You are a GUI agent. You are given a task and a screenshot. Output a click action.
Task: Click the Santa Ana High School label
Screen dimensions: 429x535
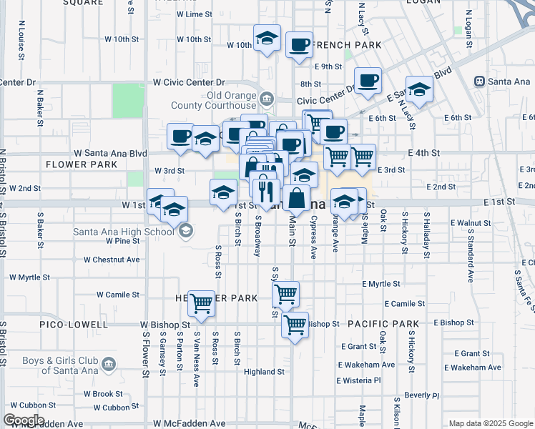123,231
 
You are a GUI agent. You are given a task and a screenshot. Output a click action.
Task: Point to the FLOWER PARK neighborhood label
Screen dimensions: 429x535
81,164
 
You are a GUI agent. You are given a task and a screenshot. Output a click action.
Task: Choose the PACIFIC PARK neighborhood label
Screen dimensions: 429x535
383,324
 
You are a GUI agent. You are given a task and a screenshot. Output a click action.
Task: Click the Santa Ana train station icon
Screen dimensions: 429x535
478,82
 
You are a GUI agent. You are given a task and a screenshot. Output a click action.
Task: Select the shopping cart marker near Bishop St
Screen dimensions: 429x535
295,325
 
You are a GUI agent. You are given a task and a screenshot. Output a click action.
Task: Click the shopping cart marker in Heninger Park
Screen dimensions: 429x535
202,303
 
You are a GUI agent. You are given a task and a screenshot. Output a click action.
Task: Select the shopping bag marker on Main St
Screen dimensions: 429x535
296,197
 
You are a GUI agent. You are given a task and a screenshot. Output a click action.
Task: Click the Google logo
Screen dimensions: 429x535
24,420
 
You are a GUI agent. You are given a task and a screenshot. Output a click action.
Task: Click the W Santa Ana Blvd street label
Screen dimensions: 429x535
111,153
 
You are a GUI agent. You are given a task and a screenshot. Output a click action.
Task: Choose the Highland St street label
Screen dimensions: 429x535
264,372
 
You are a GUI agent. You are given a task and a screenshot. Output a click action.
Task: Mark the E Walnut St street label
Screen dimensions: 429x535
470,223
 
